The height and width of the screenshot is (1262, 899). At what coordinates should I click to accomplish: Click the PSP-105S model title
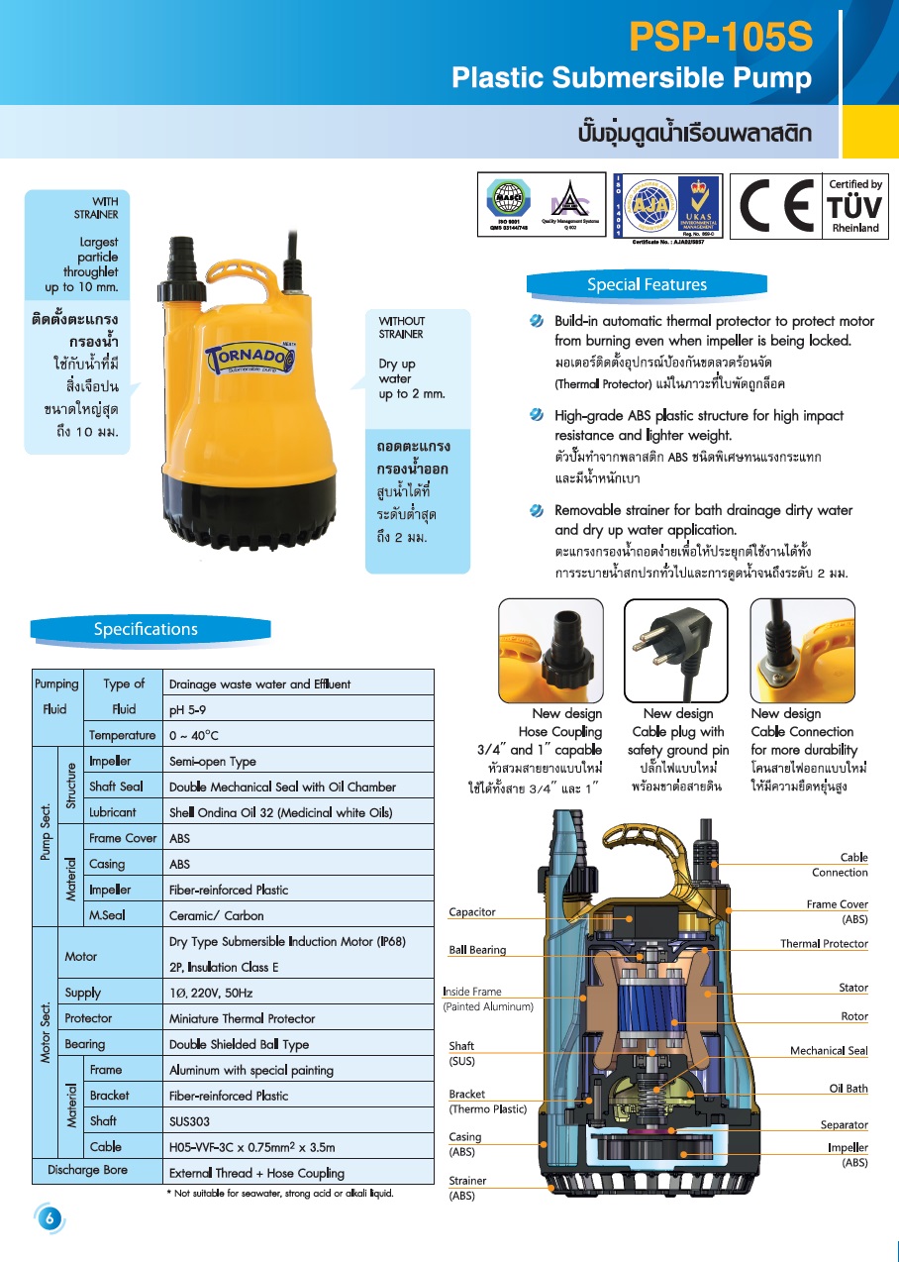pyautogui.click(x=721, y=38)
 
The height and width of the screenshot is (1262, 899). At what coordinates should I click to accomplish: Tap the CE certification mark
pyautogui.click(x=775, y=205)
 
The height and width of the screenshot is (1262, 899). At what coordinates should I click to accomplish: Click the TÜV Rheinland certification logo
pyautogui.click(x=854, y=205)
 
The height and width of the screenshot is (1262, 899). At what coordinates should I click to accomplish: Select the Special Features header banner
pyautogui.click(x=647, y=285)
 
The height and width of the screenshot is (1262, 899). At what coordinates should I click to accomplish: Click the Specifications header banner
pyautogui.click(x=147, y=629)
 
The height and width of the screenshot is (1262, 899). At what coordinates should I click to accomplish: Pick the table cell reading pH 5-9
pyautogui.click(x=188, y=709)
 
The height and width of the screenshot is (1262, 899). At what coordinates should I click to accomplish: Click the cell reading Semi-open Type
pyautogui.click(x=213, y=761)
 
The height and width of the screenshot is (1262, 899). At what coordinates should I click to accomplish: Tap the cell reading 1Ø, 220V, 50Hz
pyautogui.click(x=211, y=993)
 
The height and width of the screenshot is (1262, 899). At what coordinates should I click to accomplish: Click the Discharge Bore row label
pyautogui.click(x=87, y=1170)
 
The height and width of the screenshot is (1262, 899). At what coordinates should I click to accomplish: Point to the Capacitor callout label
pyautogui.click(x=472, y=912)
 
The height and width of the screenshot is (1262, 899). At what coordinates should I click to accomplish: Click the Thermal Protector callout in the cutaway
pyautogui.click(x=824, y=944)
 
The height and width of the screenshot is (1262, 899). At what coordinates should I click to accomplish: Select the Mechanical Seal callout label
pyautogui.click(x=829, y=1051)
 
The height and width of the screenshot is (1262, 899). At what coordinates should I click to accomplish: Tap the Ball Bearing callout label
pyautogui.click(x=477, y=950)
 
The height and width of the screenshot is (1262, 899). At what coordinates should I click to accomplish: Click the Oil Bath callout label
pyautogui.click(x=849, y=1089)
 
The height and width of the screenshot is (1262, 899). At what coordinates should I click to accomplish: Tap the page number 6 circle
pyautogui.click(x=48, y=1218)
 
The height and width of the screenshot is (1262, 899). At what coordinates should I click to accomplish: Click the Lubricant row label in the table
pyautogui.click(x=113, y=812)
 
